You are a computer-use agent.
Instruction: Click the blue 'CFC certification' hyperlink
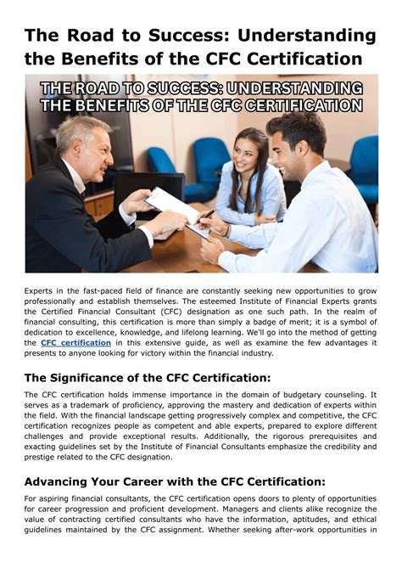pos(75,343)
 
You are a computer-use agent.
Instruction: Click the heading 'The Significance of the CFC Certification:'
pos(148,378)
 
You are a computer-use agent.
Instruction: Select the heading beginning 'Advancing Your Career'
pos(174,481)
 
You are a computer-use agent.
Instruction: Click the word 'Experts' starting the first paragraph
pos(40,291)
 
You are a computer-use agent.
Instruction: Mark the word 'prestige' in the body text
pos(42,457)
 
